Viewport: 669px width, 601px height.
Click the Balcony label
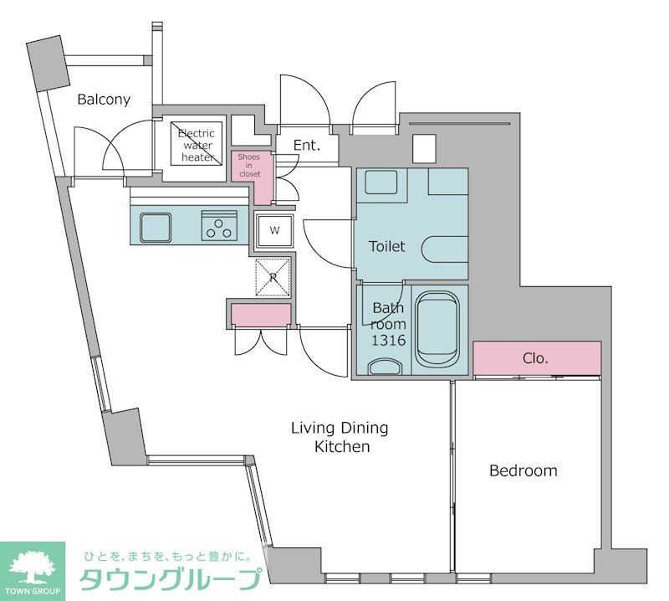104,100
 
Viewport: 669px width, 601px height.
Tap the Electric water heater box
196,146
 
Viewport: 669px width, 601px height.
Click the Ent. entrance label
307,146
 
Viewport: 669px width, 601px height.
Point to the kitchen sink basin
156,226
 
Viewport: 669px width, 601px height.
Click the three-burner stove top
219,227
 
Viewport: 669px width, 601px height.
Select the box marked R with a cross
273,276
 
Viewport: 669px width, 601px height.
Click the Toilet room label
387,246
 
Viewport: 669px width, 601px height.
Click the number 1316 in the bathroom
388,341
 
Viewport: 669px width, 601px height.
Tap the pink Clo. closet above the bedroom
536,358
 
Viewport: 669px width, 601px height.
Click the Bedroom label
523,470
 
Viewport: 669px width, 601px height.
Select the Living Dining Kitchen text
339,437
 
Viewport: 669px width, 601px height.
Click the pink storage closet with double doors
260,315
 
